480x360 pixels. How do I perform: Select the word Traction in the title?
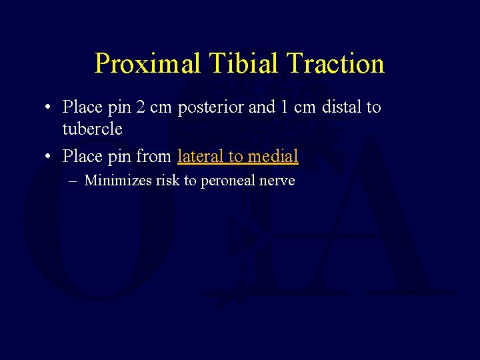336,63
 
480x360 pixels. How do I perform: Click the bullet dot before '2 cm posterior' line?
49,107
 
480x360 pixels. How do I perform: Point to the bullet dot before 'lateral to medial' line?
49,157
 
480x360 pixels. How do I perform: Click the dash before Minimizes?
74,181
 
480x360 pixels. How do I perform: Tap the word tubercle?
92,129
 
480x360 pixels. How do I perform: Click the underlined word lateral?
201,156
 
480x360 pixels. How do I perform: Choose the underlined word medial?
272,156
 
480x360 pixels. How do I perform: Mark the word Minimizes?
118,180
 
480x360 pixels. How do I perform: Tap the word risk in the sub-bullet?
167,180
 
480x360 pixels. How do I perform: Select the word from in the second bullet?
154,156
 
